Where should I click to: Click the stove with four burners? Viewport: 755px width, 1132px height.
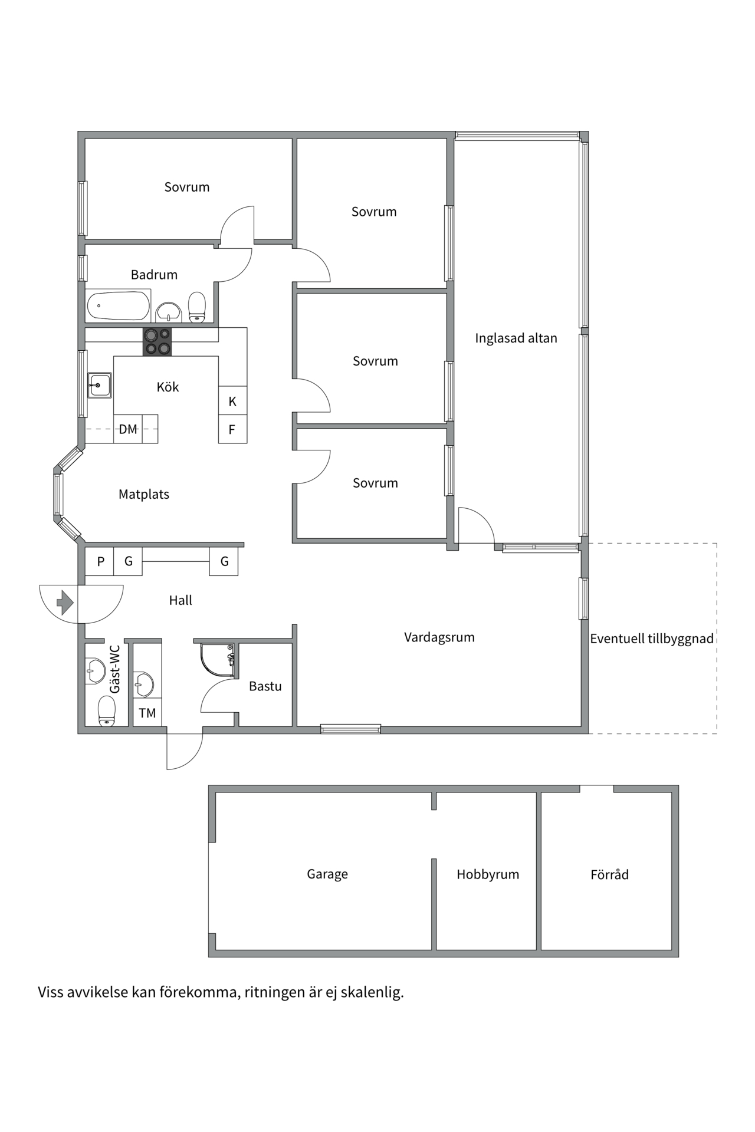[157, 342]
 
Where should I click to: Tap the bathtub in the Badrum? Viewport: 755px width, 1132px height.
[118, 306]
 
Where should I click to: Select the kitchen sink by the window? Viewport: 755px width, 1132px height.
[100, 385]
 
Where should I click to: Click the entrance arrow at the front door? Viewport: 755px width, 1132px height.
[64, 603]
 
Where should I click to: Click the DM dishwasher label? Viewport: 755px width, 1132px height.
[128, 429]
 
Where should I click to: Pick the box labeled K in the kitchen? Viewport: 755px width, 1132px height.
[232, 401]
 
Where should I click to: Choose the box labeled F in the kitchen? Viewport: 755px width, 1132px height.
[232, 429]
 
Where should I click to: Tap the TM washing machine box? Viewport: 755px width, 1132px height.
[147, 713]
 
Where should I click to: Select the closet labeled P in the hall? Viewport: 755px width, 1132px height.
[100, 561]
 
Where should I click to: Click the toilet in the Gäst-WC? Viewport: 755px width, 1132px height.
[107, 710]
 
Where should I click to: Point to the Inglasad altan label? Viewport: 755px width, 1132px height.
[516, 338]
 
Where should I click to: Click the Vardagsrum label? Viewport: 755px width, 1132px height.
[439, 637]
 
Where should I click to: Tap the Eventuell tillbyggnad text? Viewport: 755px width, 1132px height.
[652, 639]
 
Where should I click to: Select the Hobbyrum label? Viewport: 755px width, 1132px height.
[488, 874]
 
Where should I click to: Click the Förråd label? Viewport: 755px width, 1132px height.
[609, 874]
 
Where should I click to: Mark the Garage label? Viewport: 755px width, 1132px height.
[327, 874]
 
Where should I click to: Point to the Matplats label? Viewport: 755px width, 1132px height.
[144, 494]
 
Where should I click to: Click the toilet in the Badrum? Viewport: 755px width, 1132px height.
[197, 307]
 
